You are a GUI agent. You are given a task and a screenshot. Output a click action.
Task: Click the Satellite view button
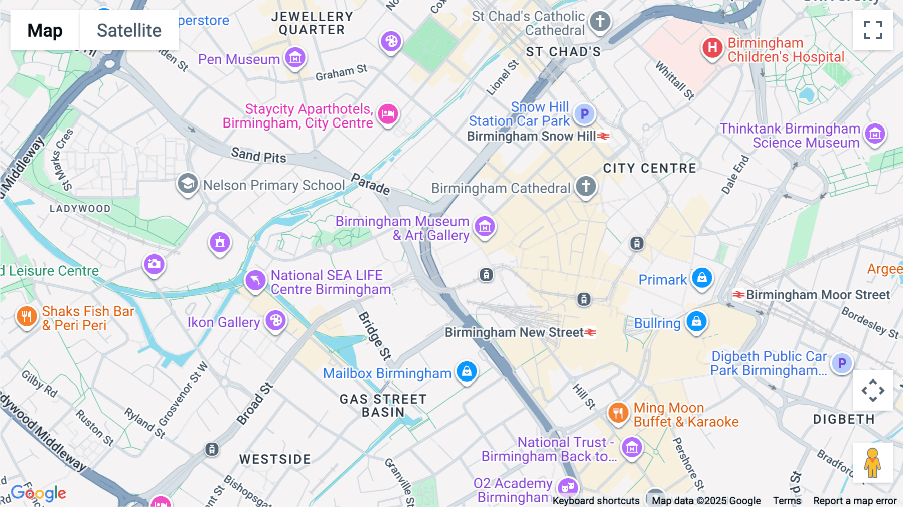[129, 30]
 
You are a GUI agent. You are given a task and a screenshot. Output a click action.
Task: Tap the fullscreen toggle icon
[873, 30]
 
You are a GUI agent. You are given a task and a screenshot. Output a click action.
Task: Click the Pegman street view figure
[872, 463]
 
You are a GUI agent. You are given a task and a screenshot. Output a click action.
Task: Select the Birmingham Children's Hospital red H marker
[712, 48]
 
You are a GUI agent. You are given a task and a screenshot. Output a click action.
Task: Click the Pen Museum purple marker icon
[295, 58]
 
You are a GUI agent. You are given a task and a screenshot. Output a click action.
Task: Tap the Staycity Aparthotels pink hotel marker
[388, 114]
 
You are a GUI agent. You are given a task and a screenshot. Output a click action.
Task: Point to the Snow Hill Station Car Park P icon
[584, 114]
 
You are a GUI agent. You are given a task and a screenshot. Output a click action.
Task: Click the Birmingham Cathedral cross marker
[585, 186]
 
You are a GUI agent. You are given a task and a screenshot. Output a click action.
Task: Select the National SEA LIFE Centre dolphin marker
[255, 280]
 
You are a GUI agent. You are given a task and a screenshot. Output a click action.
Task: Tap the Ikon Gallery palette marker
[275, 320]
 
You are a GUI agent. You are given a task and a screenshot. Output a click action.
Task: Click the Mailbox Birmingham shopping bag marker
[467, 371]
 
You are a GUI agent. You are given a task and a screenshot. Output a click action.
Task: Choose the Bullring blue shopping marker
[696, 321]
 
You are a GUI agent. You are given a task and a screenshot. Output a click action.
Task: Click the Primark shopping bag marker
[702, 278]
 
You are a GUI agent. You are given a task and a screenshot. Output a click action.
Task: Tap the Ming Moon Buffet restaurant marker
[618, 413]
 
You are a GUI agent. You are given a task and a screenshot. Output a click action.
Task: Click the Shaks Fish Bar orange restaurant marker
[27, 316]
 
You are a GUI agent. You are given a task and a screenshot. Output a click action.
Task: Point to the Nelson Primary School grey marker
[188, 184]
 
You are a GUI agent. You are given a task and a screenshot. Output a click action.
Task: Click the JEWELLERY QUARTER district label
[312, 23]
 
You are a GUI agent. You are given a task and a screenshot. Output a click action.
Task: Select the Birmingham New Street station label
[514, 332]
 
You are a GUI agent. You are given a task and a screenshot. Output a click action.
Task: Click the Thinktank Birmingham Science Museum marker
[875, 134]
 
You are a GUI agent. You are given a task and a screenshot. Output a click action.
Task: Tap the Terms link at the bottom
[787, 500]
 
